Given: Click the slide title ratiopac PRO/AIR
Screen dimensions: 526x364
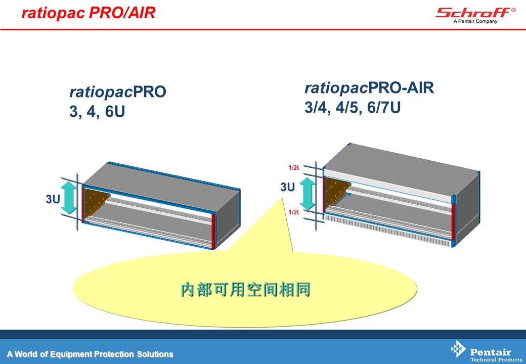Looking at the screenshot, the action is tap(88, 13).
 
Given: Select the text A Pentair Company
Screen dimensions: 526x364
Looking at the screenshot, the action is tap(475, 21).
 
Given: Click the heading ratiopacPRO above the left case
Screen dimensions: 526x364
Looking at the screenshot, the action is tap(118, 92).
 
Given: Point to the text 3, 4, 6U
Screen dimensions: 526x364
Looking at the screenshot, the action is tap(97, 112).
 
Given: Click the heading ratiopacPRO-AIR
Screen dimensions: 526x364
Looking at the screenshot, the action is tap(369, 88).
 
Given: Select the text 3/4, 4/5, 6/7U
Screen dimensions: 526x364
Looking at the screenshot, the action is tap(353, 108).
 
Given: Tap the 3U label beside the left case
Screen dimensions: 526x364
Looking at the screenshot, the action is tap(53, 199).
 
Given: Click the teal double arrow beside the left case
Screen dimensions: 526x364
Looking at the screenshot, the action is tap(69, 198).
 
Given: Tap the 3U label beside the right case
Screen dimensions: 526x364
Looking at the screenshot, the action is tap(287, 187).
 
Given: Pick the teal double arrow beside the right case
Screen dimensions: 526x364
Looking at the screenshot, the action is tap(308, 194).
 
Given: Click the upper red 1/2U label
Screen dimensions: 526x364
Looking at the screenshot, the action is tap(294, 167).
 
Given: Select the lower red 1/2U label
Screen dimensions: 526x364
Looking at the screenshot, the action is tap(294, 212).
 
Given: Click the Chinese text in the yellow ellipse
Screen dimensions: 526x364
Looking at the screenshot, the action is tap(245, 290).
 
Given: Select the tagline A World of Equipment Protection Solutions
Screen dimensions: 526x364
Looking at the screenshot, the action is tap(90, 354).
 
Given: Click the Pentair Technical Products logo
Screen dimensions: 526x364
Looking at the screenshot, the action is tap(487, 351).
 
